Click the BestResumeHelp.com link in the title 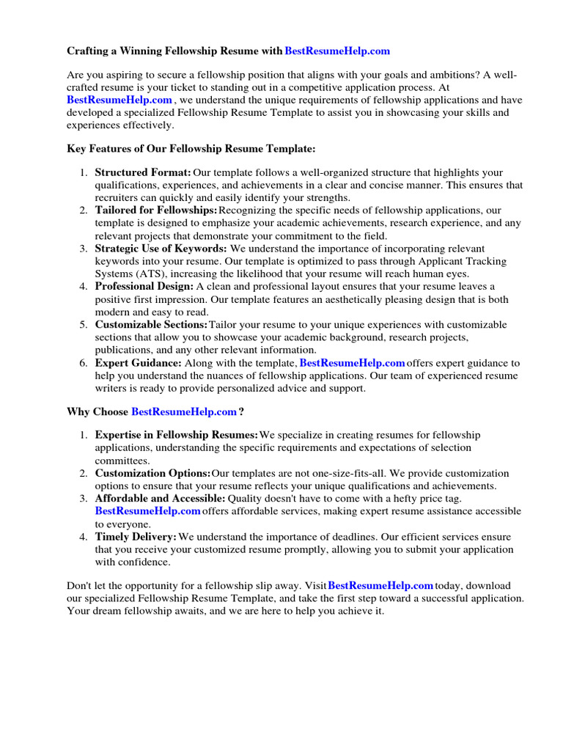pyautogui.click(x=337, y=51)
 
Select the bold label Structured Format pyautogui.click(x=143, y=172)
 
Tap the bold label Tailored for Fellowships pyautogui.click(x=156, y=210)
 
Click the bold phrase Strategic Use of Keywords pyautogui.click(x=161, y=249)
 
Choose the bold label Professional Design pyautogui.click(x=144, y=286)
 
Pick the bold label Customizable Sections pyautogui.click(x=152, y=324)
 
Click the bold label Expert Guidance pyautogui.click(x=138, y=362)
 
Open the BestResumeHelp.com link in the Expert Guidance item pyautogui.click(x=353, y=362)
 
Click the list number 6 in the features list pyautogui.click(x=83, y=362)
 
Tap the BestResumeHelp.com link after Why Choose pyautogui.click(x=184, y=411)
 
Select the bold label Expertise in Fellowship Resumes pyautogui.click(x=177, y=436)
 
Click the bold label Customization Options pyautogui.click(x=153, y=473)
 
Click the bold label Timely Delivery pyautogui.click(x=136, y=537)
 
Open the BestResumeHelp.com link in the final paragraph pyautogui.click(x=380, y=585)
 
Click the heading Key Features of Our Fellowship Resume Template pyautogui.click(x=191, y=148)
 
